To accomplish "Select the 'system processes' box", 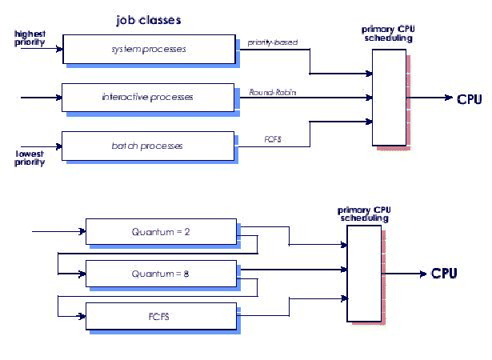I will (x=148, y=50).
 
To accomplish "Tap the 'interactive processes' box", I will (x=148, y=98).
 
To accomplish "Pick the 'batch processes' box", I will (x=148, y=146).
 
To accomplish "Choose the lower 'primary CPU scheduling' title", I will (x=364, y=212).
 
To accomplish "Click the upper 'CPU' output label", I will (x=470, y=99).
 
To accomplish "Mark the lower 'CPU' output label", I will (x=444, y=274).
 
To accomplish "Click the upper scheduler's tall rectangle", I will (x=389, y=93).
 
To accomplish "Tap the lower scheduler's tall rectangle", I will (x=365, y=272).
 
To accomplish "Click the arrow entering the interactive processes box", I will (x=40, y=98).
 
